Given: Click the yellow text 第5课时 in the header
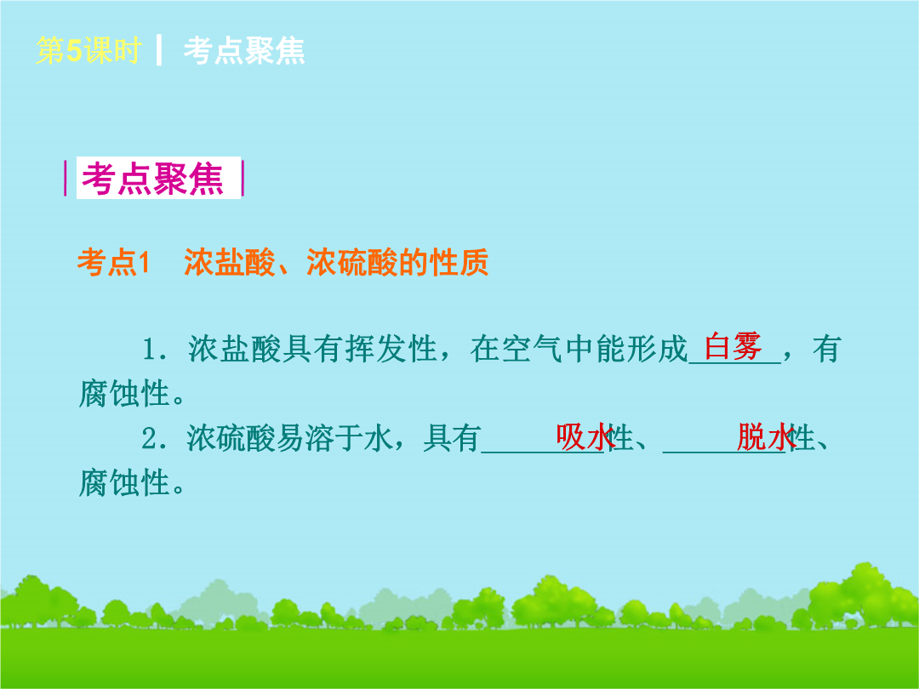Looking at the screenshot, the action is pos(88,50).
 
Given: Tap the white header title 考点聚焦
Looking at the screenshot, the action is pos(244,50).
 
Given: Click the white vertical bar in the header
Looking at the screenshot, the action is pos(159,50).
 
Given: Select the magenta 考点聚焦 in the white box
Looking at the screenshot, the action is pos(153,178).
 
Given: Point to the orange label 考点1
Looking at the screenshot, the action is pos(114,262).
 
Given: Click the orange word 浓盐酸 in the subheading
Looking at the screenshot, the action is pos(230,262).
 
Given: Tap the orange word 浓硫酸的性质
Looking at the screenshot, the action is pos(397,262).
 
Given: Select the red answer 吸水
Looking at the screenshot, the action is pos(585,436).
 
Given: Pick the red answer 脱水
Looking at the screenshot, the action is pos(766,436).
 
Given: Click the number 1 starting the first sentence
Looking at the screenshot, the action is pos(150,350).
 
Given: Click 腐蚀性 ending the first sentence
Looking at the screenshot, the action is pos(125,393).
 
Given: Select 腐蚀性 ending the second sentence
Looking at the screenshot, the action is pos(125,483).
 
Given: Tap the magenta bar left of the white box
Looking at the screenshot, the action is pos(66,178).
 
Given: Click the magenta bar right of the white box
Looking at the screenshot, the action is pos(242,178).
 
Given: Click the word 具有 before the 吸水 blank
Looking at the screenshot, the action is pos(452,438).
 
